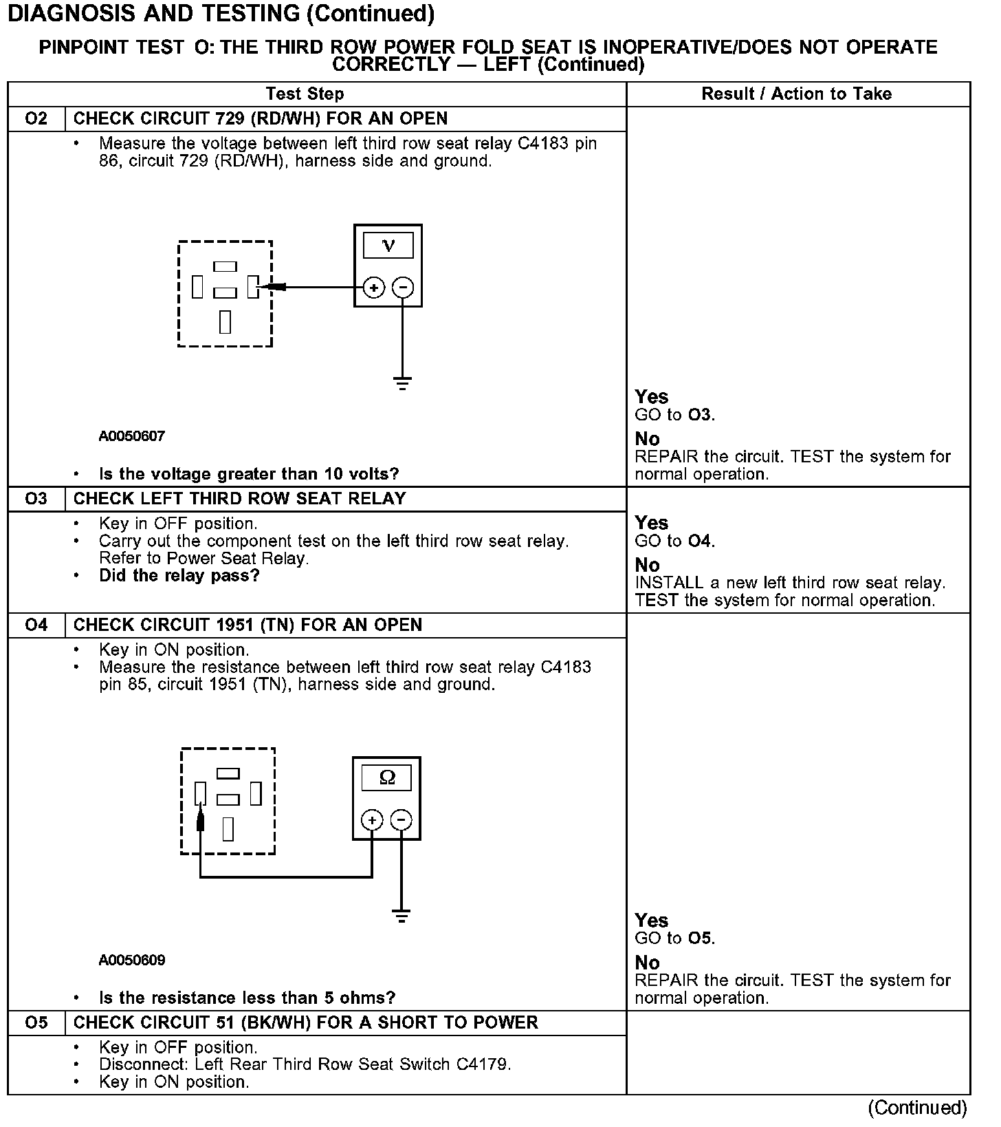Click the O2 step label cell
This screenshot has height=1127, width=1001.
pyautogui.click(x=36, y=118)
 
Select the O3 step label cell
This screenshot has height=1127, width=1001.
pyautogui.click(x=36, y=499)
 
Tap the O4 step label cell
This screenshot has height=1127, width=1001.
pyautogui.click(x=36, y=625)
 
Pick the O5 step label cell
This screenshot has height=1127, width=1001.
pyautogui.click(x=36, y=1022)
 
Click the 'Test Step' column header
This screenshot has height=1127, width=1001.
pyautogui.click(x=305, y=94)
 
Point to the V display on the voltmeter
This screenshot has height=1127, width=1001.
pyautogui.click(x=388, y=246)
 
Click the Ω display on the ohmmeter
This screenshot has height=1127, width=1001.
pyautogui.click(x=387, y=777)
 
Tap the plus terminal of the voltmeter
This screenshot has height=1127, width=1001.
pyautogui.click(x=373, y=288)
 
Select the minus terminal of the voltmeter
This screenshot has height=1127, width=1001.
pyautogui.click(x=403, y=288)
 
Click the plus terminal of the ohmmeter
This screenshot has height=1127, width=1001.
pyautogui.click(x=372, y=820)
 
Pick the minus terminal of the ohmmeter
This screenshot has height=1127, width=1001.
pyautogui.click(x=401, y=820)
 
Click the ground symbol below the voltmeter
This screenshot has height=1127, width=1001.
pyautogui.click(x=403, y=383)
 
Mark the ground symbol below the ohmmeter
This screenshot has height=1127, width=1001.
pyautogui.click(x=401, y=916)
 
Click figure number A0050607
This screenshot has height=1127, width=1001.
pyautogui.click(x=132, y=436)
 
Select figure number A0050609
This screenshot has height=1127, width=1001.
pyautogui.click(x=132, y=960)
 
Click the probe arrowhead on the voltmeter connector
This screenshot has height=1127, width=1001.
pyautogui.click(x=274, y=287)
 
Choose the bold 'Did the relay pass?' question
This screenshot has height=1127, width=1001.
pyautogui.click(x=179, y=575)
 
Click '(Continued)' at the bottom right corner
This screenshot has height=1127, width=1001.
pyautogui.click(x=917, y=1108)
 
